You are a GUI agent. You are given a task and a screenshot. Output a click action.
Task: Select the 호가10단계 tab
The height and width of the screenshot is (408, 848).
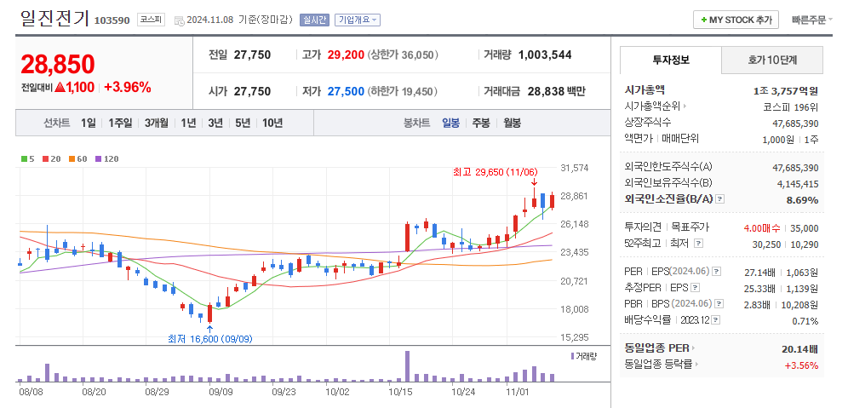[772, 60]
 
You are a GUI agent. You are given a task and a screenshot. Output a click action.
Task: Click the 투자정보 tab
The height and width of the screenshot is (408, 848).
[670, 60]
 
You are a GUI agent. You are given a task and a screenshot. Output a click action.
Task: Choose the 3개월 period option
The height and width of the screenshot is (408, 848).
[156, 123]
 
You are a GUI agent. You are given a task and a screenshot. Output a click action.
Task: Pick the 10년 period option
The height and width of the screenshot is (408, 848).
[272, 123]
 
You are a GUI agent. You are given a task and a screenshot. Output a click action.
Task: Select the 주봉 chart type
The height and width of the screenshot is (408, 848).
[481, 123]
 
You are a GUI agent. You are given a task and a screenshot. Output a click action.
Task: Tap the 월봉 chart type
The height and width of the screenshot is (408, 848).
[512, 123]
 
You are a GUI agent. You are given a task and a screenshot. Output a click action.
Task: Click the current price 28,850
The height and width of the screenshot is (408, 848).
[58, 64]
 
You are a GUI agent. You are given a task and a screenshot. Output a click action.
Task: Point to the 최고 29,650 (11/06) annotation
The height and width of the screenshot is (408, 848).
[493, 172]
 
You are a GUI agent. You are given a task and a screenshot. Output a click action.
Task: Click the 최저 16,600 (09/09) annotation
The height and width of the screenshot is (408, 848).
[209, 338]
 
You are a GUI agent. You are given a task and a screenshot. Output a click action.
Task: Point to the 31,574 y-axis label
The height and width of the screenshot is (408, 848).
[575, 168]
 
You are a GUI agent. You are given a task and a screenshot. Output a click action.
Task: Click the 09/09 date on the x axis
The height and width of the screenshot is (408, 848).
[221, 393]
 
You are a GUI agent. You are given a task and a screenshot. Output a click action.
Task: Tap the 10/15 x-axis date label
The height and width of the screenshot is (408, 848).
[399, 393]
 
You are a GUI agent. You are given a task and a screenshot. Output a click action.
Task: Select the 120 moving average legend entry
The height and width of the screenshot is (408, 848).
[106, 158]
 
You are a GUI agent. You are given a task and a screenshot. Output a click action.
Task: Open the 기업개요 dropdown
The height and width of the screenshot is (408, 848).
[358, 20]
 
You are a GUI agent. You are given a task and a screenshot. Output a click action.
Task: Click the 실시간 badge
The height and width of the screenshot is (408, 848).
[314, 20]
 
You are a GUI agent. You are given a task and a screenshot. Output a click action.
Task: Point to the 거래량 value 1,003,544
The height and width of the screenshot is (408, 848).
[544, 55]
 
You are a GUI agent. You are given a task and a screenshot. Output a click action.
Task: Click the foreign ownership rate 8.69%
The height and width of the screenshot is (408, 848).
[801, 200]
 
